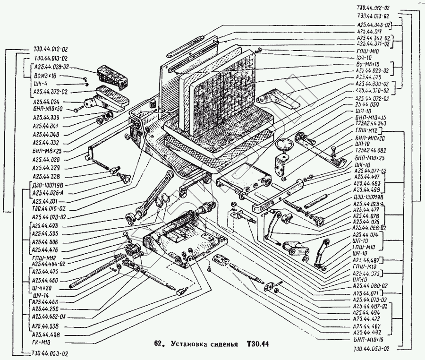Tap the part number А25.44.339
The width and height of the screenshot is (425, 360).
click(46, 118)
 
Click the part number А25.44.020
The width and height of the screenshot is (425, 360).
click(46, 159)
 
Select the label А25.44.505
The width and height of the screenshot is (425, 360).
click(46, 234)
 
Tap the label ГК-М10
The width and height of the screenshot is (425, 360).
click(40, 342)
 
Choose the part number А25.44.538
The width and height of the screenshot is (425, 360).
click(46, 326)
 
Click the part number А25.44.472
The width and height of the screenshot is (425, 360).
click(371, 319)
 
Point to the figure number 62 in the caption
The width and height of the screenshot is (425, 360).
click(159, 343)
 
